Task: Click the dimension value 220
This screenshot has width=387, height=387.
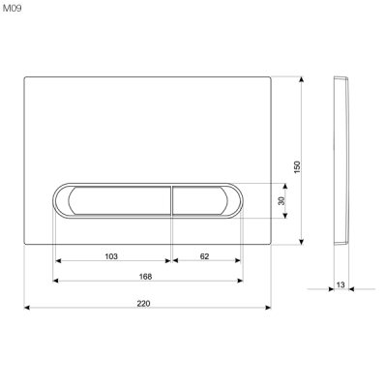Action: (x=144, y=303)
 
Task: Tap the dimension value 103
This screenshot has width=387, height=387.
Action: (x=111, y=255)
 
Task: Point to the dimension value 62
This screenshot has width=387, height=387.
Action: (x=205, y=255)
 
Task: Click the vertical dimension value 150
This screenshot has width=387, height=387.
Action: (x=298, y=166)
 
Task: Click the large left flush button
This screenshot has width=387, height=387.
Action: (x=114, y=199)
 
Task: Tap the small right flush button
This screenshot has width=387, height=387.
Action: (x=204, y=199)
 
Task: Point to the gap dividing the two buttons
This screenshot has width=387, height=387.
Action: (x=171, y=199)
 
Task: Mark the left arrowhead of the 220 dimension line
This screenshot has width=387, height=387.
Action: (x=27, y=309)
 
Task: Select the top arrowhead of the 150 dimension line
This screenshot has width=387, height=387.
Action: (x=304, y=79)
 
